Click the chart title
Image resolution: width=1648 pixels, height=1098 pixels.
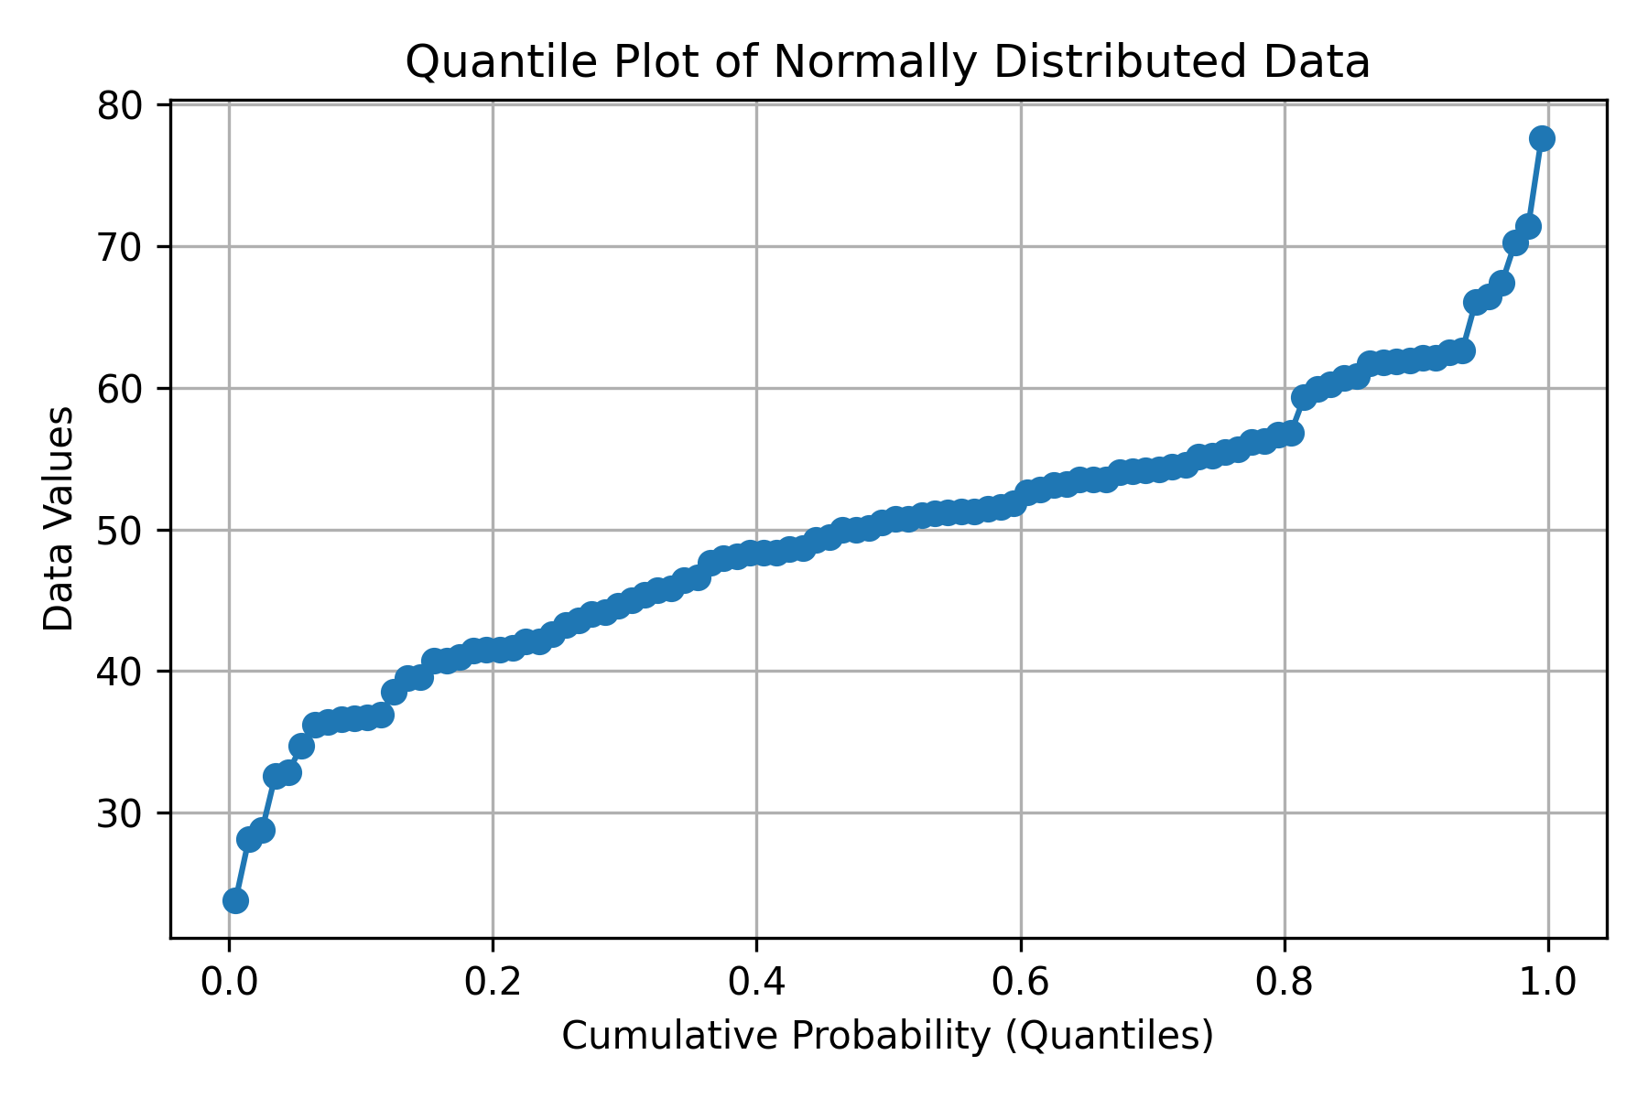click(x=887, y=62)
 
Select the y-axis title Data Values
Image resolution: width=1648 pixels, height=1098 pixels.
click(x=60, y=519)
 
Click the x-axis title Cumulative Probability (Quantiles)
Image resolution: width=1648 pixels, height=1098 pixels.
click(x=887, y=1036)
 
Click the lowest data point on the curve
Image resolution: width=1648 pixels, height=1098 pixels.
click(x=235, y=900)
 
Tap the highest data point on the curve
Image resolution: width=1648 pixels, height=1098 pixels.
click(x=1542, y=138)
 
